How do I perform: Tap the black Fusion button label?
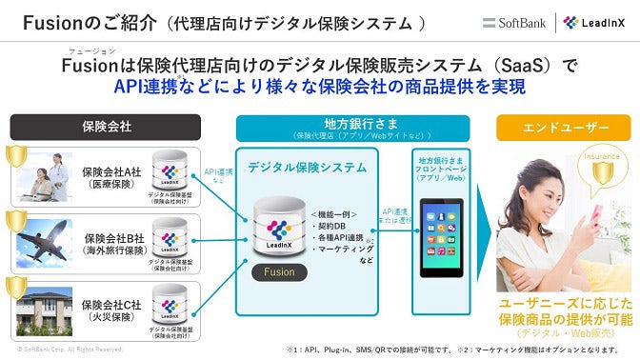click(x=279, y=271)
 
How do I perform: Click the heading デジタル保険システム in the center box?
click(x=307, y=167)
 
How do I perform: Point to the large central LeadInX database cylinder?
click(x=279, y=225)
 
